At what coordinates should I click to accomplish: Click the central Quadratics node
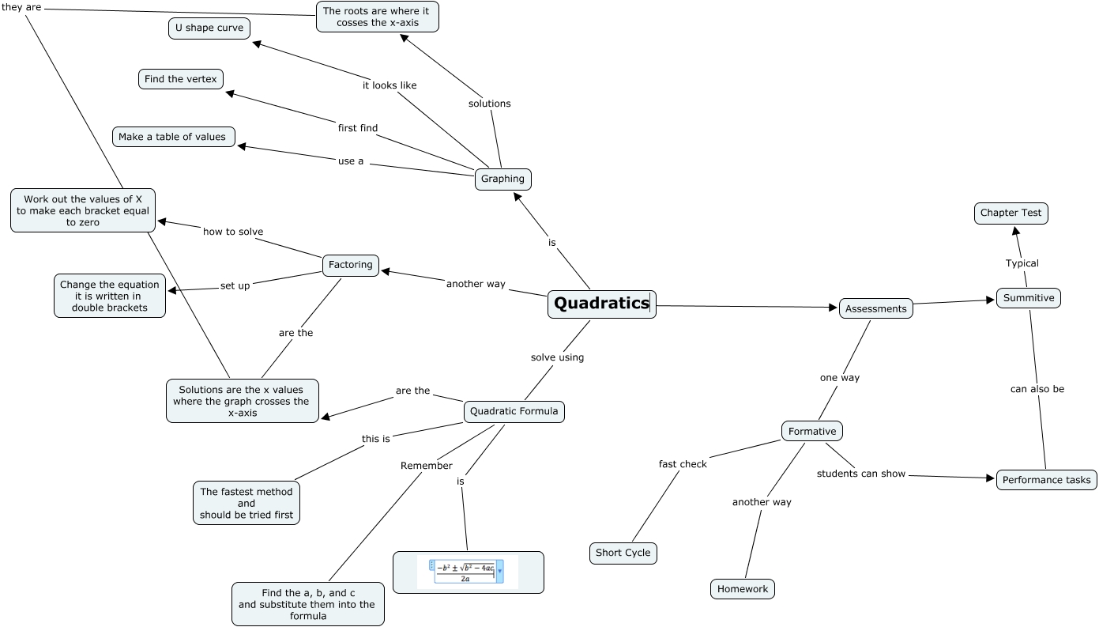601,304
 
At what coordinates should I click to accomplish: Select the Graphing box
502,179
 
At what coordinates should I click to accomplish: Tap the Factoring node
351,265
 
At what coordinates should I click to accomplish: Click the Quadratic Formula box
514,411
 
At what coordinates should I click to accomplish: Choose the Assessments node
875,308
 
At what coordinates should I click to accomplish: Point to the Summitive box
1029,298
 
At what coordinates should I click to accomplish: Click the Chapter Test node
1011,213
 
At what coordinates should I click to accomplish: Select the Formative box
811,431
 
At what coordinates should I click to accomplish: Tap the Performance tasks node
1046,479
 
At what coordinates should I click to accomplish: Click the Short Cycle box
623,553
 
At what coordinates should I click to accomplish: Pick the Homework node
743,589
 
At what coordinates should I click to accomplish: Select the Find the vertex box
181,79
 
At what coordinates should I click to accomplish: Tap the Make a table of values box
172,137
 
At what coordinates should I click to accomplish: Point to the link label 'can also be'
1037,389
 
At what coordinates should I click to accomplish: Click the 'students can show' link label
860,474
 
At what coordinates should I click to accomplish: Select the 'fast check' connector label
683,464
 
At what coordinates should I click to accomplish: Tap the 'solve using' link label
557,357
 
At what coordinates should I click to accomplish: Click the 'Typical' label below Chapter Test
1022,263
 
